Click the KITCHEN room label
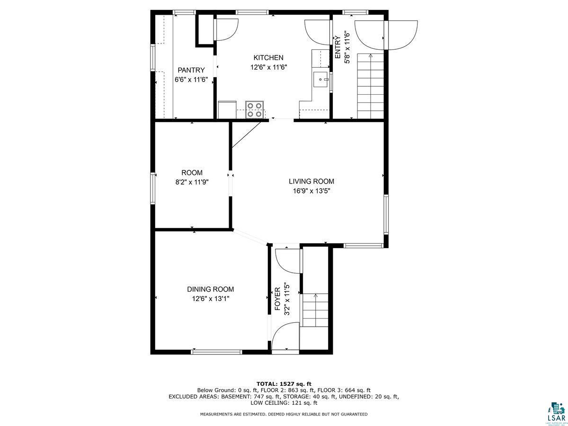click(x=268, y=57)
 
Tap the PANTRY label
click(x=191, y=70)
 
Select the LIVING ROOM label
click(x=311, y=181)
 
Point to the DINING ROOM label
click(x=210, y=289)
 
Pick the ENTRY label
click(x=337, y=47)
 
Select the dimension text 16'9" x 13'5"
click(x=311, y=191)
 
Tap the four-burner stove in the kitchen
click(x=255, y=109)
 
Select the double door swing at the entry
click(x=387, y=35)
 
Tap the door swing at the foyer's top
click(x=287, y=260)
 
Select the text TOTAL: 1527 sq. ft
click(x=284, y=383)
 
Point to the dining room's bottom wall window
click(x=217, y=352)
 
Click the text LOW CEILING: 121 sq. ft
click(x=284, y=403)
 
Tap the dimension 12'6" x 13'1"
click(x=211, y=299)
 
